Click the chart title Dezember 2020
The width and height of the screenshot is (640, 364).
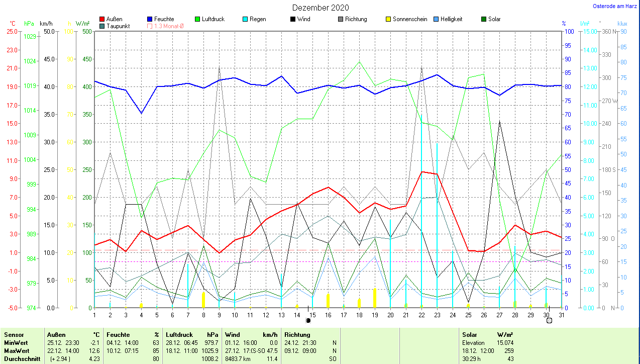321,8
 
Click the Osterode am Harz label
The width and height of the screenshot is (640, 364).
615,6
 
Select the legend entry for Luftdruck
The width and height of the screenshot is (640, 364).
213,19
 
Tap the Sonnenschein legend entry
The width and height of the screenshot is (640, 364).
410,19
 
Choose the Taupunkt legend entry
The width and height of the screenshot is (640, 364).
117,26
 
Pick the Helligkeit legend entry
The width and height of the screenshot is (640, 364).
451,19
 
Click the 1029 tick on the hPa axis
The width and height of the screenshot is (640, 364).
30,37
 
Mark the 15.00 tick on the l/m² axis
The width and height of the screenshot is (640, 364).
588,31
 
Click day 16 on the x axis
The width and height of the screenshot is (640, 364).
328,315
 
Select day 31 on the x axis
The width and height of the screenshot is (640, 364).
561,315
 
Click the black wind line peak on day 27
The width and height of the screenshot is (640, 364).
499,122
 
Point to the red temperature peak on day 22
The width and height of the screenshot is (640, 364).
421,172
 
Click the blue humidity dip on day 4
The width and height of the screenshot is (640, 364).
141,113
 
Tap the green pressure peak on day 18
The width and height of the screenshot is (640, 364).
359,62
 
